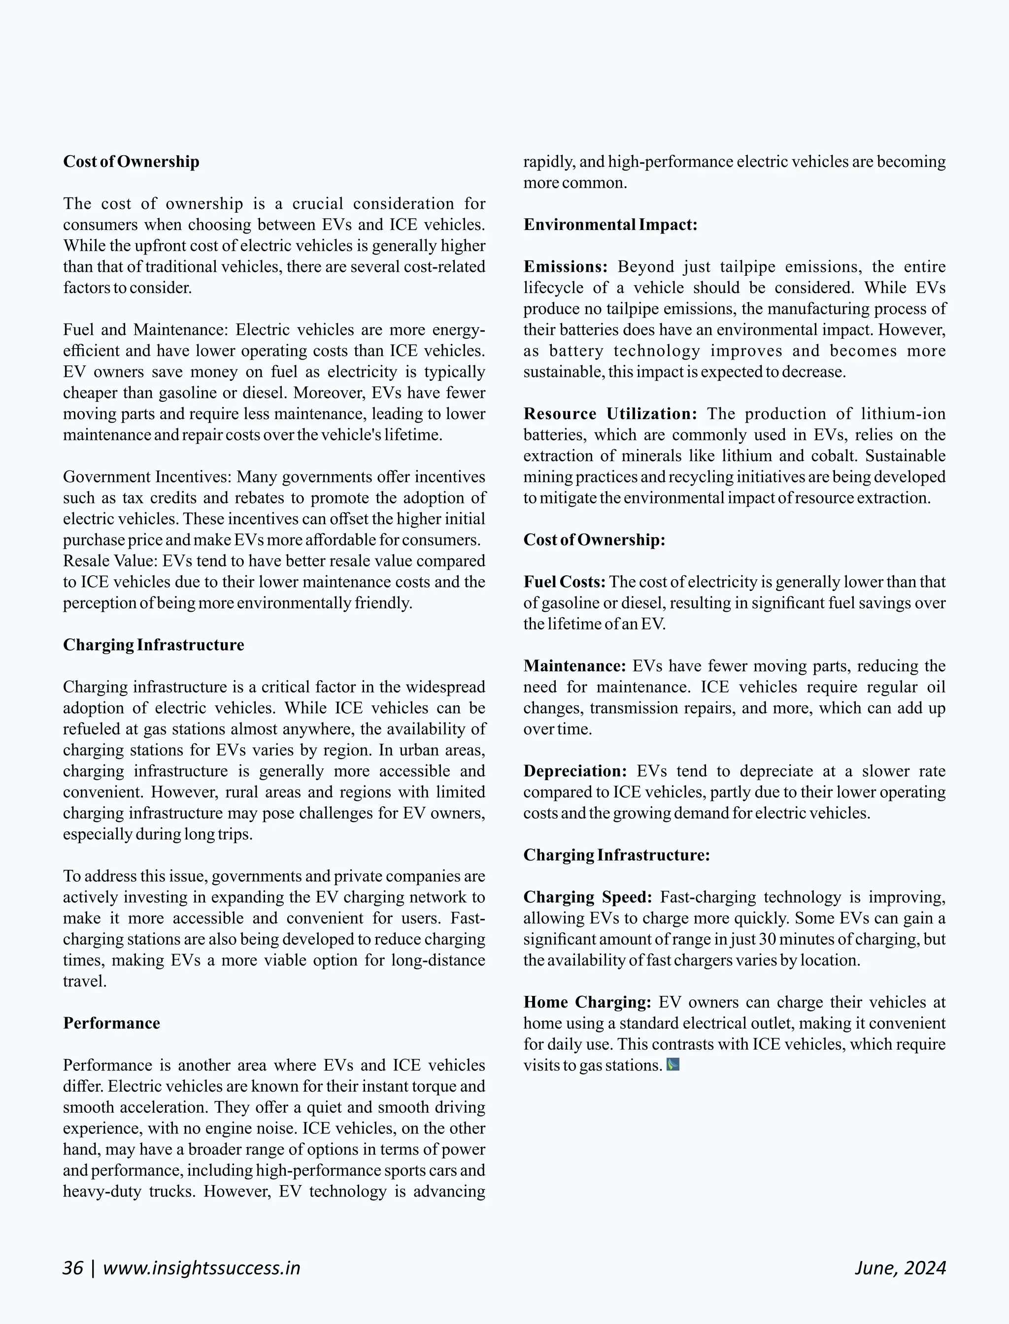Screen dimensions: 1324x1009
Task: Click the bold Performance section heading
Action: tap(112, 1023)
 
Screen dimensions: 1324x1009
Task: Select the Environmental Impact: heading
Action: tap(610, 225)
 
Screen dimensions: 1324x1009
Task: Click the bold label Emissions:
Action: tap(565, 266)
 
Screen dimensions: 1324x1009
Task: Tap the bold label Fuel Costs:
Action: tap(564, 582)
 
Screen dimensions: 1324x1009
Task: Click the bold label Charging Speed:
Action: tap(587, 897)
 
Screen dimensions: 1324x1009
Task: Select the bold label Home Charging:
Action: tap(587, 1002)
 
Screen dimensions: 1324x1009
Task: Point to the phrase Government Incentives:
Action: tap(147, 477)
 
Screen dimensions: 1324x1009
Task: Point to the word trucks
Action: tap(172, 1192)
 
